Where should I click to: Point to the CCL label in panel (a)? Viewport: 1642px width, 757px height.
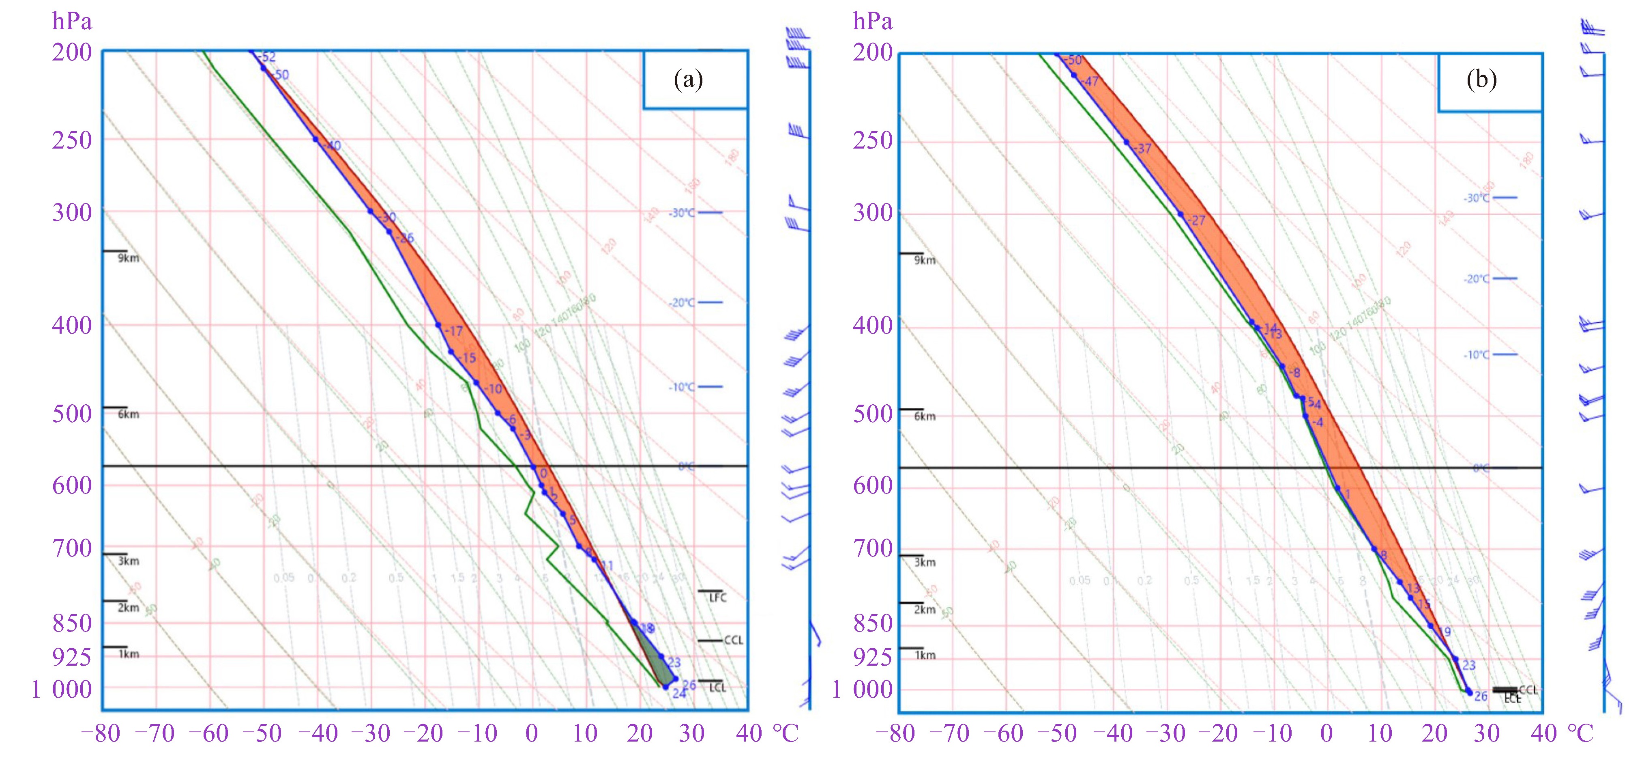coord(733,640)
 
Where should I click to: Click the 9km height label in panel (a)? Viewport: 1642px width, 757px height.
coord(128,258)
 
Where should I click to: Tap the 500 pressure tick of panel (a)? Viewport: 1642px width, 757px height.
coord(72,413)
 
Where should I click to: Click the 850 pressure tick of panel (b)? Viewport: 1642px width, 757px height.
coord(873,623)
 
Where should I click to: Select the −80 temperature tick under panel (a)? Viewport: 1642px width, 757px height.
coord(101,734)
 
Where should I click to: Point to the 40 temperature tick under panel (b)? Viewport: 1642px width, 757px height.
coord(1543,734)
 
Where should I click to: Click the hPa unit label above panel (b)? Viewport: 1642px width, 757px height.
coord(873,22)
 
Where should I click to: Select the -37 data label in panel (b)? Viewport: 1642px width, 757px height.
coord(1142,149)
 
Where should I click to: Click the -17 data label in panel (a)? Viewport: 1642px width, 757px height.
coord(454,331)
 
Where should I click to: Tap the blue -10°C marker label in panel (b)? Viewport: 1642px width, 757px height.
coord(1476,355)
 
